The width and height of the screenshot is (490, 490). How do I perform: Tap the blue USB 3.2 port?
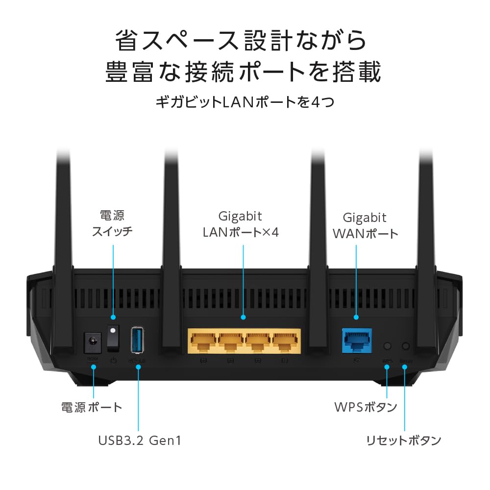point(138,339)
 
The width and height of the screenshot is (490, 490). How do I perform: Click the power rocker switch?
point(114,338)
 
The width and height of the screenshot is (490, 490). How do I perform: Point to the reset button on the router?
point(405,346)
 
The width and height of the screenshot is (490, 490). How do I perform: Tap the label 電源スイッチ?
point(112,223)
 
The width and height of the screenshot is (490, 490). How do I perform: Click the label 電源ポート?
point(91,407)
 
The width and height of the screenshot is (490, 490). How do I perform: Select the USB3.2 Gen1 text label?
point(140,440)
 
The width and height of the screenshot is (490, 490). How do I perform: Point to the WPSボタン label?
point(365,407)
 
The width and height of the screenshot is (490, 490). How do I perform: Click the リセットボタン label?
point(403,440)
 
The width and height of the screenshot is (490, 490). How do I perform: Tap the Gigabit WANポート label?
point(365,225)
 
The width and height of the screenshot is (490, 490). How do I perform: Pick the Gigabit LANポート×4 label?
point(241,224)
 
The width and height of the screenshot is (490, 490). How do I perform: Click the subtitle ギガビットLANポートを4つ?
point(245,102)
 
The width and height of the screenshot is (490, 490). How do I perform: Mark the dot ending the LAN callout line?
point(243,318)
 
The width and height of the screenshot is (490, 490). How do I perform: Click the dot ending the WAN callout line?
point(356,318)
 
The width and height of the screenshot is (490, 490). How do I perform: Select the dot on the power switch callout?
point(114,318)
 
